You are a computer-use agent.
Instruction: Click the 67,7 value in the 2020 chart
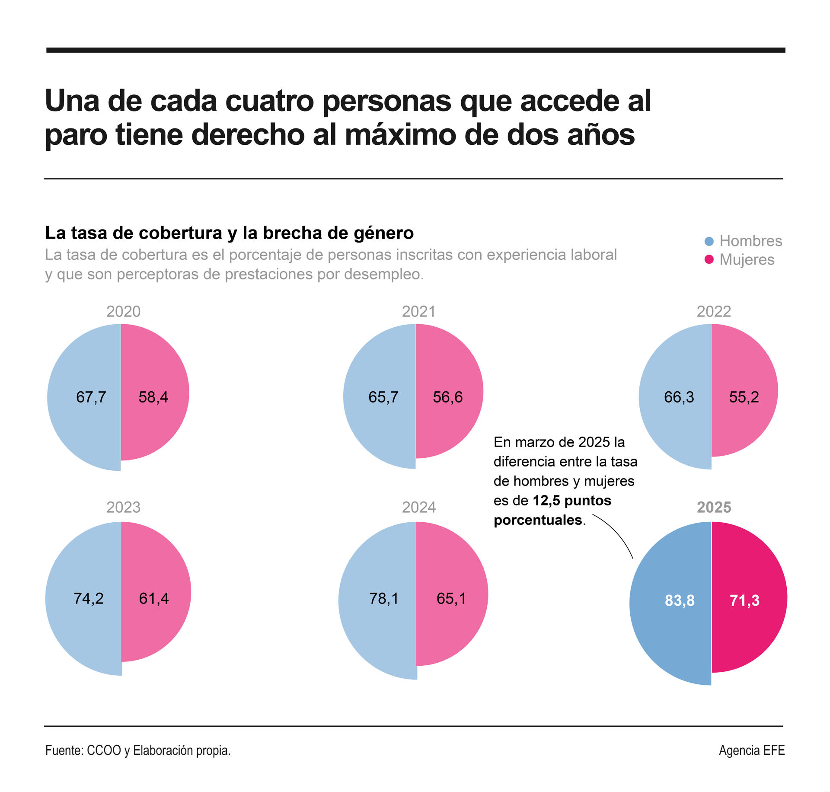pos(91,397)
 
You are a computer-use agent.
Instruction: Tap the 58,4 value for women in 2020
pos(153,397)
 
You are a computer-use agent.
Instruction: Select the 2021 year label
pos(418,311)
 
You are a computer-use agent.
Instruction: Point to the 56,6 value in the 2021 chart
pos(447,397)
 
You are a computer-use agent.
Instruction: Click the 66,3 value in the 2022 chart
pos(679,397)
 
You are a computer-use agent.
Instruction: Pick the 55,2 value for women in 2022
pos(744,397)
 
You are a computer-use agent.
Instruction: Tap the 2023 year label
pos(123,507)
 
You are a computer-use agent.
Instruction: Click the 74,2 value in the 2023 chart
pos(89,598)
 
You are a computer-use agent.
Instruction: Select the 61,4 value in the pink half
pos(153,598)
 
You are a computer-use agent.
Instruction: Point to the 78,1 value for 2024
pos(383,598)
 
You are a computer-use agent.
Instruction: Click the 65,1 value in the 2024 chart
pos(451,598)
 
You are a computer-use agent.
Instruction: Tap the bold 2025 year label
pos(714,507)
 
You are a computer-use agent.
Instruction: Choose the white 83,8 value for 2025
pos(680,600)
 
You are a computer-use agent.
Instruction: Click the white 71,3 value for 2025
pos(744,600)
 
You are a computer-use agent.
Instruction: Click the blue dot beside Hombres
pos(709,241)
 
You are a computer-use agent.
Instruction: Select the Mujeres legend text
pos(747,259)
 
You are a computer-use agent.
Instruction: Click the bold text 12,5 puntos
pos(571,500)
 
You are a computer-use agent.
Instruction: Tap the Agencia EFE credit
pos(751,750)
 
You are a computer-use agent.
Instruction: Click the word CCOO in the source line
pos(104,750)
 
